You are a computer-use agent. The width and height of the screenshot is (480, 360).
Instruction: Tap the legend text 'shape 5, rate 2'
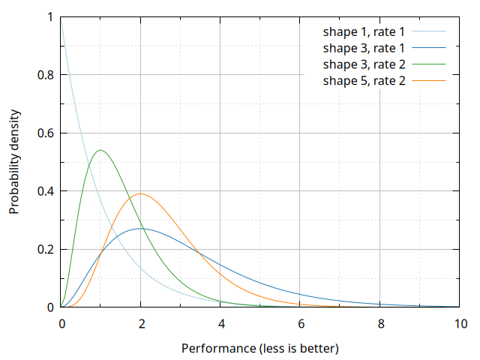[x=364, y=79]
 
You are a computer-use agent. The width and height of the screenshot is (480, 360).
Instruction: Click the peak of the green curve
[x=100, y=150]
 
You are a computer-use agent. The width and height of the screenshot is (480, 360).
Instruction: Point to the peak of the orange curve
[x=140, y=193]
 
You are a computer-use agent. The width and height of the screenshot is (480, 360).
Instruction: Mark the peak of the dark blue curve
[x=141, y=228]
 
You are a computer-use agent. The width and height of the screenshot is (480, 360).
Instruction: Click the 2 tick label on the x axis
[x=141, y=323]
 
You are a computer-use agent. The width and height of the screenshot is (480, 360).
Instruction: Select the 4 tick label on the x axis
[x=220, y=323]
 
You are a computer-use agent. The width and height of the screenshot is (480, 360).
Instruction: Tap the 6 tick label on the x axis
[x=301, y=323]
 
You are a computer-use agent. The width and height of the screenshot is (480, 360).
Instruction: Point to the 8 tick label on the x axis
[x=380, y=323]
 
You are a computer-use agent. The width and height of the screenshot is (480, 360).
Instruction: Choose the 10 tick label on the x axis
[x=460, y=323]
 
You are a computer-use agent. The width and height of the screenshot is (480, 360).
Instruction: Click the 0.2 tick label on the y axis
[x=46, y=249]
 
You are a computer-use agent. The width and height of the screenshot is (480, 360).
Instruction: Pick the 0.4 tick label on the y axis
[x=46, y=191]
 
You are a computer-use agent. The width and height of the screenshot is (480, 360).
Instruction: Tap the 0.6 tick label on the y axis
[x=46, y=133]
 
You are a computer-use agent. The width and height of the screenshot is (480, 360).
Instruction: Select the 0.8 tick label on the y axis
[x=46, y=75]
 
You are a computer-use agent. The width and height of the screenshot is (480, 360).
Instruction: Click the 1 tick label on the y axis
[x=51, y=16]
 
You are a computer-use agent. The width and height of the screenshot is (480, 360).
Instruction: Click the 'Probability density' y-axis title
[x=14, y=162]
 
